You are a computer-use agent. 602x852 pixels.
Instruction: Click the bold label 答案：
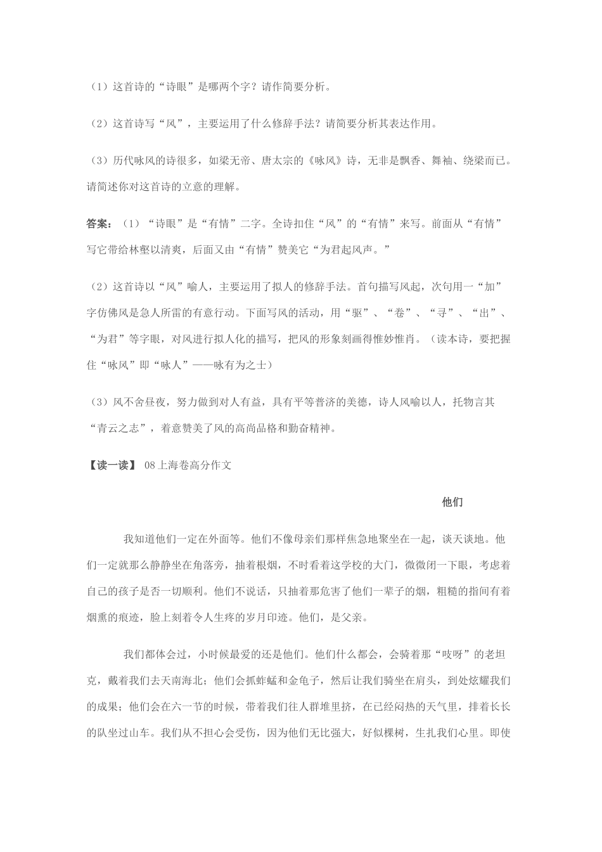(99, 224)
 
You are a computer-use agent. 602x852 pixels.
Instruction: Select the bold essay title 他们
(452, 503)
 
